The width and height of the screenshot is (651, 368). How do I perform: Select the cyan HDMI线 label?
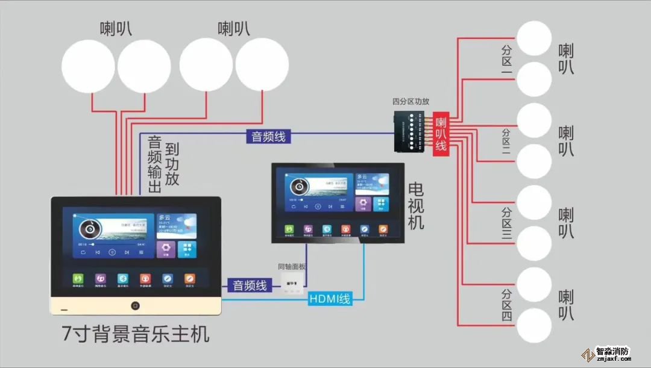[x=329, y=298]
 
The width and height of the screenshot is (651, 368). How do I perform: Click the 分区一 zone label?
[x=506, y=61]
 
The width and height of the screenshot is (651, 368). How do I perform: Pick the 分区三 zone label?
[x=506, y=225]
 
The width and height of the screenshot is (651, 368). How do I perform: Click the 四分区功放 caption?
[x=410, y=102]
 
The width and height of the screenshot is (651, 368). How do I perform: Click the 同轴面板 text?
[x=292, y=266]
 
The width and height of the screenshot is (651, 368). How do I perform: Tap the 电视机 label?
[x=416, y=206]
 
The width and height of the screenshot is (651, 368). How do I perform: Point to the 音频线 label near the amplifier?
[x=268, y=137]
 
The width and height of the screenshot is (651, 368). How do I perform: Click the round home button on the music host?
[x=135, y=305]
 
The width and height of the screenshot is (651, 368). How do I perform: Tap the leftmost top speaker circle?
[x=88, y=66]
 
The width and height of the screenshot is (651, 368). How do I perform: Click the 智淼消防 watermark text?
[x=612, y=351]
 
